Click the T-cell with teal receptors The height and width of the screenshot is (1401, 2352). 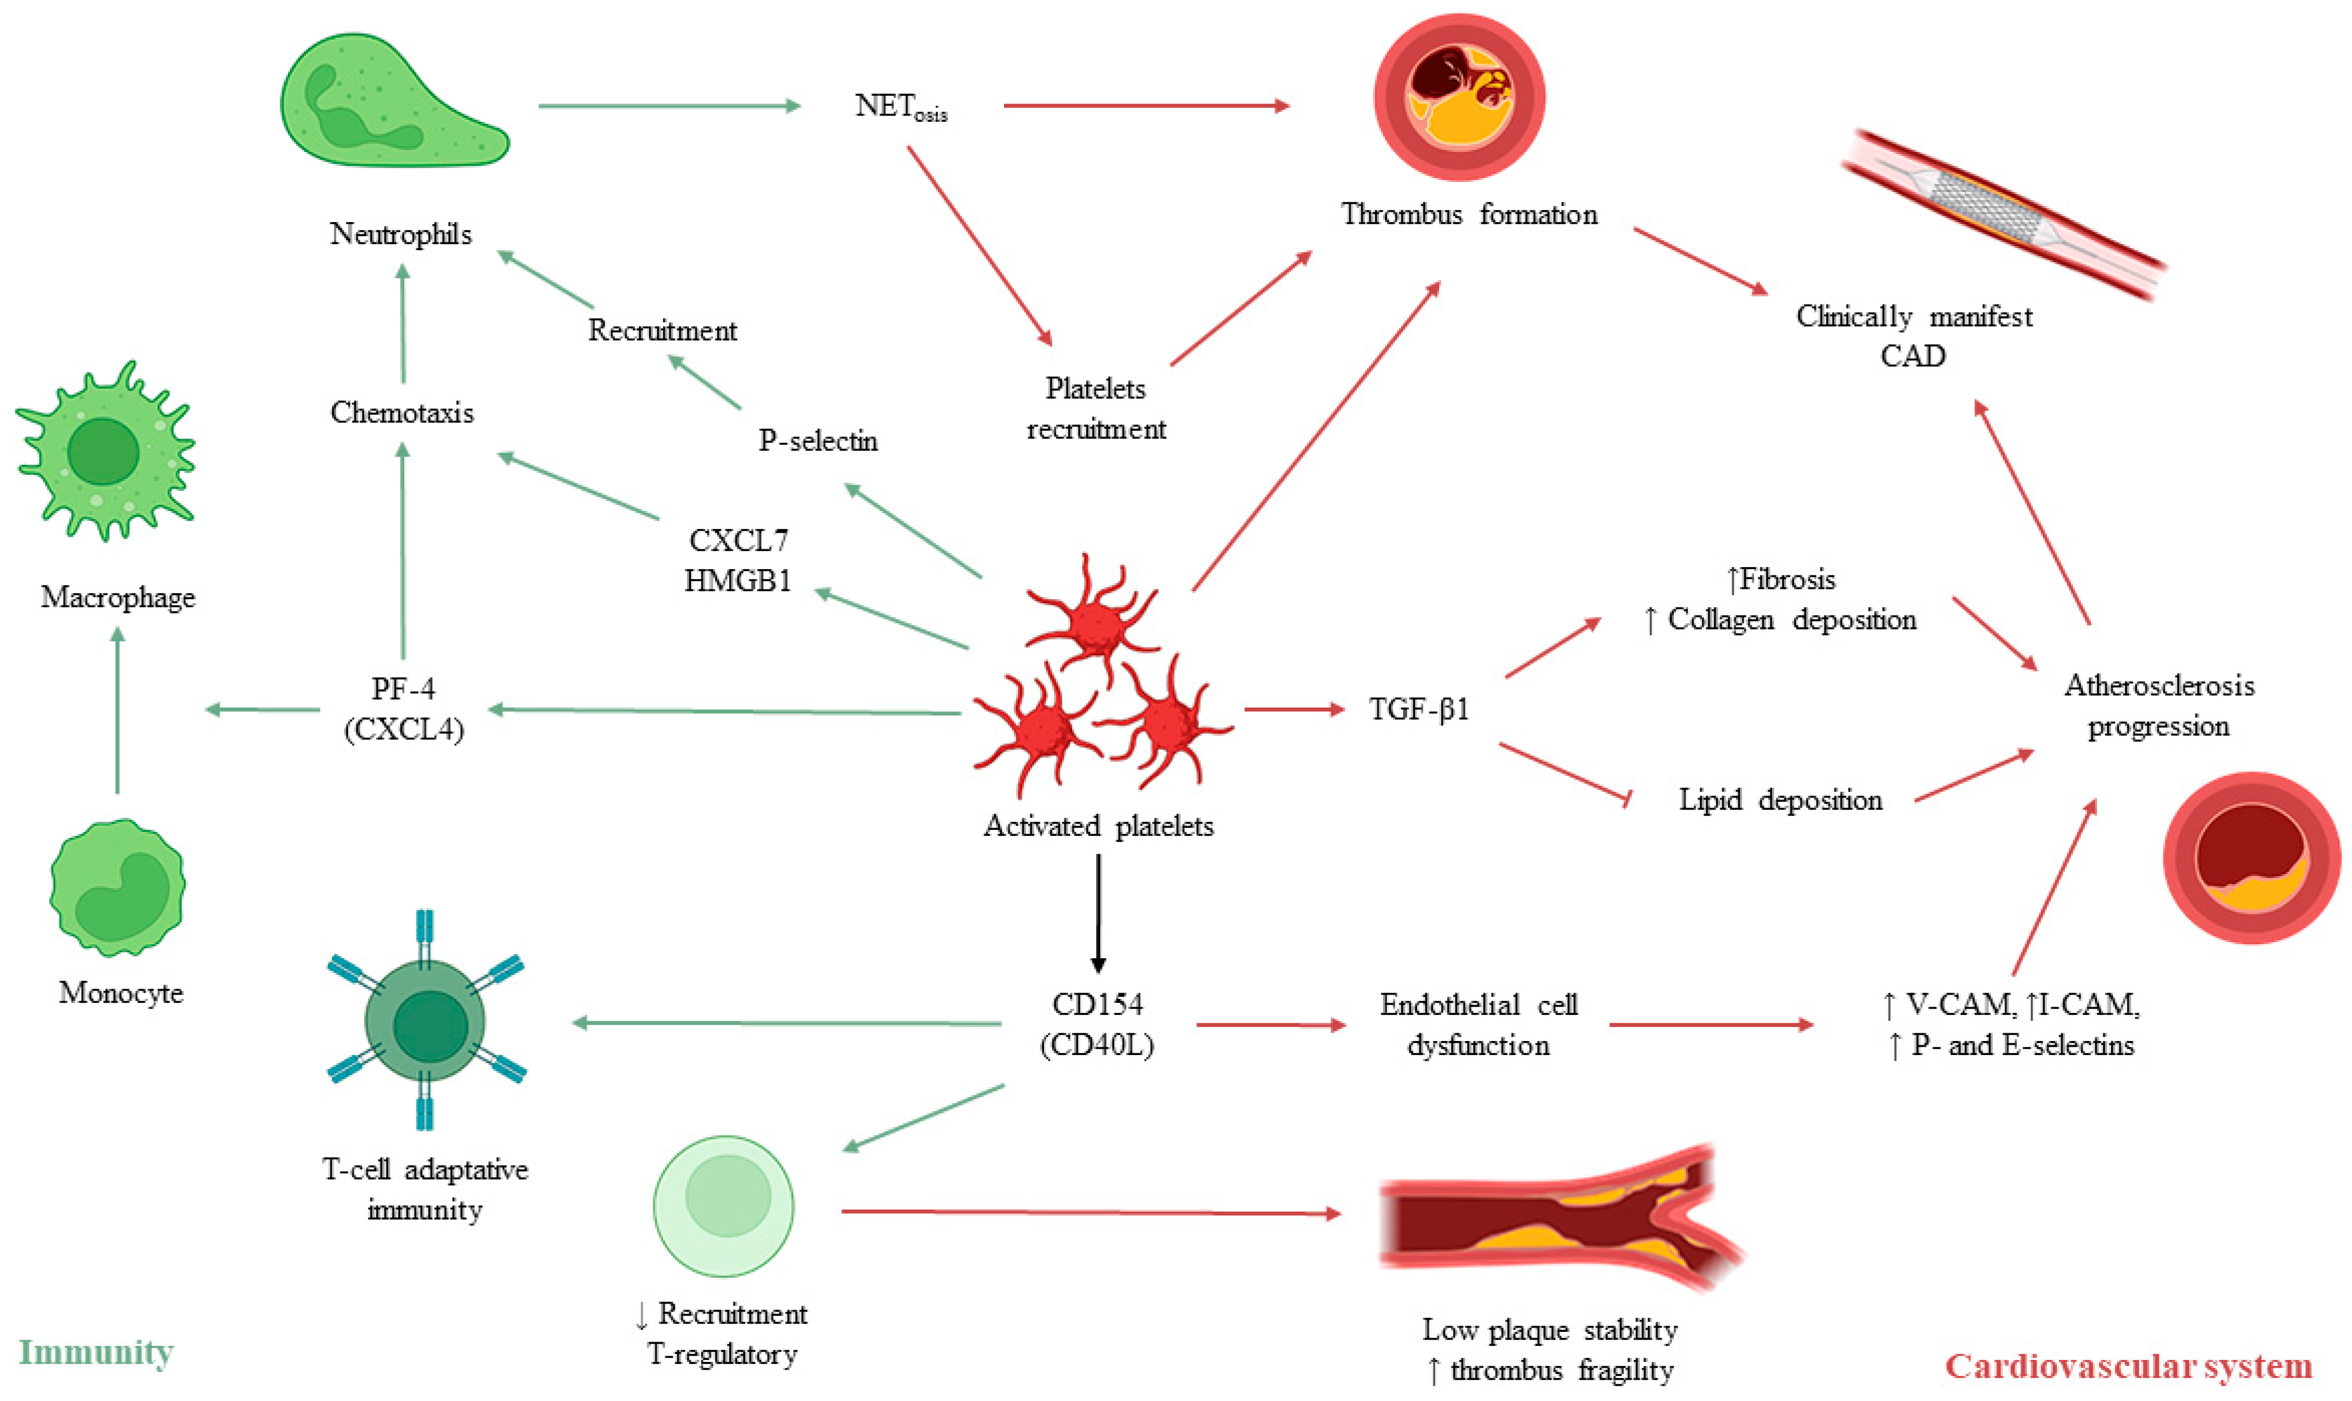coord(426,1021)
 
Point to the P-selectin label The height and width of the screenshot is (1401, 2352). coord(818,441)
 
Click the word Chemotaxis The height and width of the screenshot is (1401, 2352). coord(402,413)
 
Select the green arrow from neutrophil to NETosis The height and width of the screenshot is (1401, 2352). coord(668,106)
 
